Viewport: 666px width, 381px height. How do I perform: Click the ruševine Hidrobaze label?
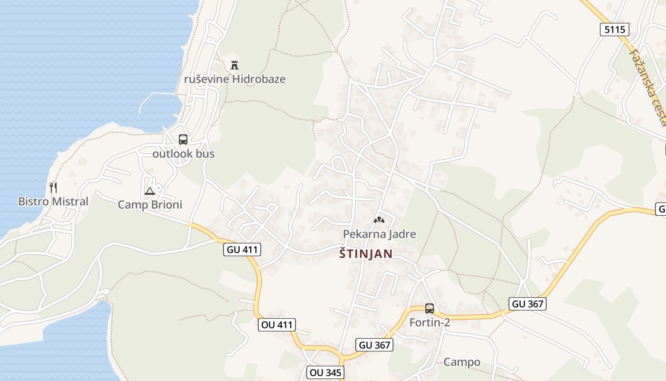click(x=235, y=79)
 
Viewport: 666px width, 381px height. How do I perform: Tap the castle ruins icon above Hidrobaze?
click(x=234, y=64)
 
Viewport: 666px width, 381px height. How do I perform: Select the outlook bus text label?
click(x=183, y=154)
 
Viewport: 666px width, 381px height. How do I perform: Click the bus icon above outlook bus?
click(x=183, y=140)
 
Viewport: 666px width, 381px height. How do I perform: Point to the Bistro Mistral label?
click(x=53, y=201)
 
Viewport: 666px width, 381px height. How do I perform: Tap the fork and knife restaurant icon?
click(x=53, y=188)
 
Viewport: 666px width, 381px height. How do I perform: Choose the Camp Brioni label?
click(x=150, y=205)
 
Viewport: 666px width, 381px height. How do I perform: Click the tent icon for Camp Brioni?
click(x=150, y=191)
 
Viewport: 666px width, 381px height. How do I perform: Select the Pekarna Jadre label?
click(x=380, y=234)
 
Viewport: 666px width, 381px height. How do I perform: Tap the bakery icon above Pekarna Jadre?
click(x=379, y=220)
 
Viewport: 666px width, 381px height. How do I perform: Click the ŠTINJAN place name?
click(x=366, y=254)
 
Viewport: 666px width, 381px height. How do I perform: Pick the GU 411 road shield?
click(x=242, y=249)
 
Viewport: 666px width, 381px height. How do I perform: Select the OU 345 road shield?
click(x=325, y=372)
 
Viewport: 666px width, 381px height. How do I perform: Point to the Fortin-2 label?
click(x=430, y=322)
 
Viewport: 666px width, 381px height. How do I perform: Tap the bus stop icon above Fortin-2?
click(x=430, y=309)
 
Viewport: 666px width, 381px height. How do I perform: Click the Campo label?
click(x=461, y=362)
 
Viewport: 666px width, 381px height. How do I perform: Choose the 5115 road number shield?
click(x=614, y=30)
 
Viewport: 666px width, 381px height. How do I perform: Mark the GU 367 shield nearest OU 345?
click(x=374, y=345)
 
